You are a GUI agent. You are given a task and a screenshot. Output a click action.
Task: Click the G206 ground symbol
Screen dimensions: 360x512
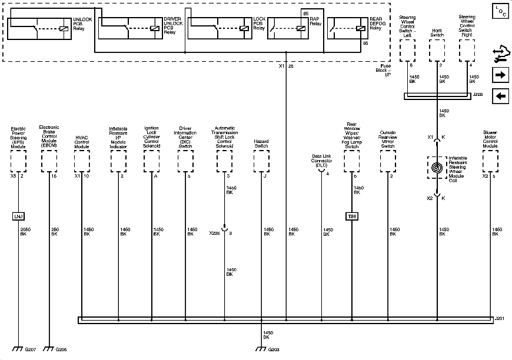pyautogui.click(x=49, y=348)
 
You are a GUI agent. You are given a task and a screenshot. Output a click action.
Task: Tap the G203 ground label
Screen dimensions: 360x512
pyautogui.click(x=274, y=350)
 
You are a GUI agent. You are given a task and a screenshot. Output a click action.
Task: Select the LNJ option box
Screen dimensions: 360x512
pyautogui.click(x=19, y=216)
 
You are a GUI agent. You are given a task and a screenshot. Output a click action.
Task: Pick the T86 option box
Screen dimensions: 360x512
pyautogui.click(x=352, y=216)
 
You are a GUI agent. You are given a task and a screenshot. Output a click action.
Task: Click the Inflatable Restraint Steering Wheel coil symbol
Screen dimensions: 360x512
pyautogui.click(x=436, y=167)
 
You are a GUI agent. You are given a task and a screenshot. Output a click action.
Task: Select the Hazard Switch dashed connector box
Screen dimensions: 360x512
pyautogui.click(x=261, y=159)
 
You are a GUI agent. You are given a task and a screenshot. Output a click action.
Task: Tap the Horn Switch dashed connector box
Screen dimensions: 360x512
pyautogui.click(x=436, y=51)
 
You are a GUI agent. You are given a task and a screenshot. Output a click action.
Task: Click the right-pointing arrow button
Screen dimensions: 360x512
pyautogui.click(x=501, y=75)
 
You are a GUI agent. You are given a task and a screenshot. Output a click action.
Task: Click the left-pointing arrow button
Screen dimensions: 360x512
pyautogui.click(x=501, y=96)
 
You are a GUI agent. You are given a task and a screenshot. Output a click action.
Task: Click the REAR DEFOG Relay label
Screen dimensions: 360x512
pyautogui.click(x=375, y=23)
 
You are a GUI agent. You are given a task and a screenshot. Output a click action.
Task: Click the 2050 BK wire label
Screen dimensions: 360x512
pyautogui.click(x=25, y=232)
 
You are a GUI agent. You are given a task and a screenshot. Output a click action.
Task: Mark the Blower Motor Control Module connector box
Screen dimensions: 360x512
pyautogui.click(x=490, y=159)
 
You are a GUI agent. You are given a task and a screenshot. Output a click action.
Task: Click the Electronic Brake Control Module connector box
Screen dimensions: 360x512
pyautogui.click(x=49, y=159)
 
